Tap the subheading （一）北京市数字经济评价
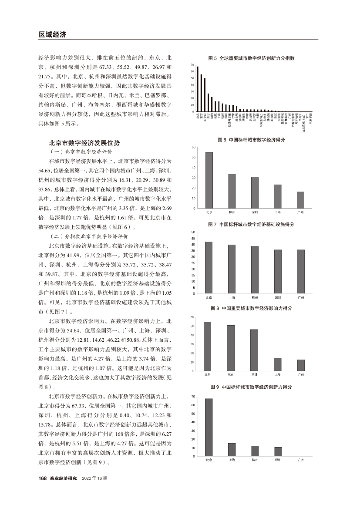point(81,152)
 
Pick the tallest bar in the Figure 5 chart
point(198,89)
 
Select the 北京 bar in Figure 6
point(209,180)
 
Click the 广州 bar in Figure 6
point(300,200)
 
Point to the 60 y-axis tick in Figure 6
point(193,148)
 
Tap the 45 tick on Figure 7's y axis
point(193,239)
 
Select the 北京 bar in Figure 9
point(209,427)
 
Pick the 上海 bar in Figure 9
point(232,450)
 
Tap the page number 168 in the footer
point(43,478)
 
